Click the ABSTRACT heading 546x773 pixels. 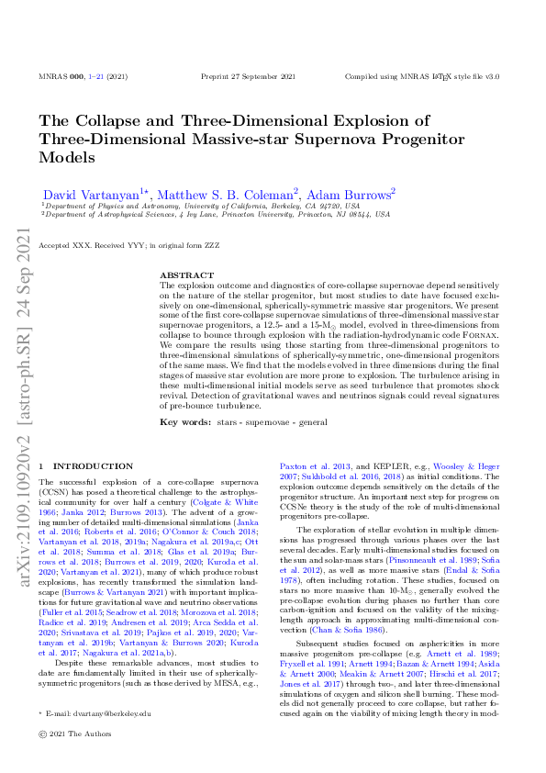coord(183,275)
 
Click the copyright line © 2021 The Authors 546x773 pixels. coord(74,758)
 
